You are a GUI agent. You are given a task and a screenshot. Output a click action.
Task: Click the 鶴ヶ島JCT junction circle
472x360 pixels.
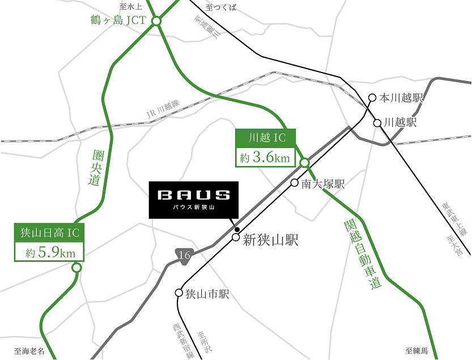[x=156, y=22]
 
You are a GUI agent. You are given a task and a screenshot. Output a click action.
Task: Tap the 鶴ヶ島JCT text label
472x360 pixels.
[x=118, y=21]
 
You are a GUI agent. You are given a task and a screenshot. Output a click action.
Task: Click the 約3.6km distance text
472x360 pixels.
[x=265, y=157]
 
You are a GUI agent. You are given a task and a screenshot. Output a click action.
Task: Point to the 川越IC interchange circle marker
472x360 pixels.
[x=304, y=163]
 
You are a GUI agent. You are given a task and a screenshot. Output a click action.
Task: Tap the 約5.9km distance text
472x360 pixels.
[x=48, y=252]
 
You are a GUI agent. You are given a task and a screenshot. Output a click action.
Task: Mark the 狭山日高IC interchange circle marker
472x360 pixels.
[x=76, y=268]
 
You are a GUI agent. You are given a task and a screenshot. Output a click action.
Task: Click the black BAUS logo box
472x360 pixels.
[x=194, y=200]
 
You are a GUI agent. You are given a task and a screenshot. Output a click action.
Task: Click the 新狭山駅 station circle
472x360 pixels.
[x=236, y=238]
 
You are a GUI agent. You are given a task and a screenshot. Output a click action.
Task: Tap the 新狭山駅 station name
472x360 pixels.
[x=270, y=240]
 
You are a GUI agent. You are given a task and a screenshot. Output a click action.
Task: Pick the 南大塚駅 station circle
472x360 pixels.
[x=295, y=183]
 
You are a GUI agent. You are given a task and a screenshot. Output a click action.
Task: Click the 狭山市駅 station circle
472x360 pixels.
[x=179, y=294]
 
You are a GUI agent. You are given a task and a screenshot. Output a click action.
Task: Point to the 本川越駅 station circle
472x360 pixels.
[x=372, y=98]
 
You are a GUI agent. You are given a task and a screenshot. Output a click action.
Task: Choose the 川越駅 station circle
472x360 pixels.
[x=377, y=122]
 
